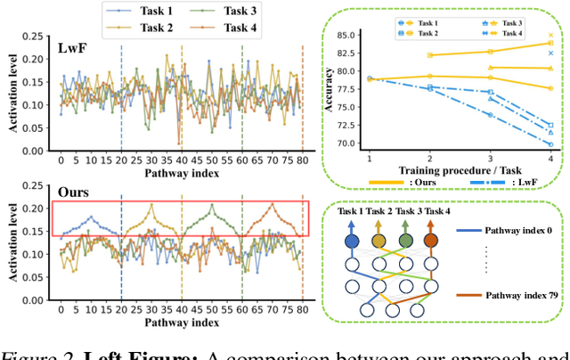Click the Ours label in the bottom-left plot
point(73,191)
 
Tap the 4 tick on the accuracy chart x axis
point(550,155)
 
